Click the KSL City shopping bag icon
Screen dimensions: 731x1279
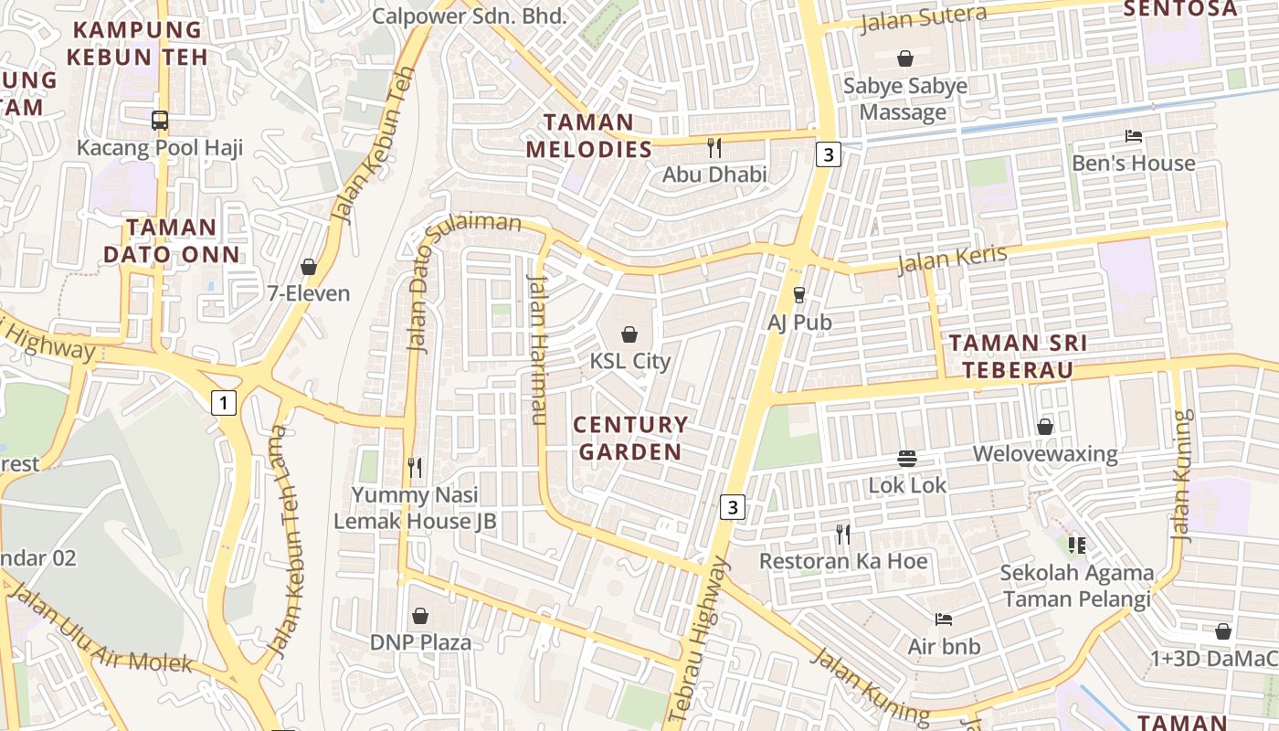(629, 334)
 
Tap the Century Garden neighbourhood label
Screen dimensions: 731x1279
(630, 439)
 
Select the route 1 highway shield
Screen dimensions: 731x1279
(223, 402)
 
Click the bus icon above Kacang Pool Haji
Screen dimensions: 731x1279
(160, 120)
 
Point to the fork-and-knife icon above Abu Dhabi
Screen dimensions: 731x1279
(714, 147)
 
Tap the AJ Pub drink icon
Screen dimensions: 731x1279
(799, 294)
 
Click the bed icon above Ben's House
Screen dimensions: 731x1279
(1133, 136)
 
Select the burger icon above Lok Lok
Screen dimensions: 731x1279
(907, 458)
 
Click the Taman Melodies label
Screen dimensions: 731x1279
(589, 135)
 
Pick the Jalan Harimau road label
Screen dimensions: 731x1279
(537, 349)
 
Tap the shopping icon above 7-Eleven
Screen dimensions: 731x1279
(309, 267)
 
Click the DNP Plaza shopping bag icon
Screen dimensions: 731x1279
(420, 616)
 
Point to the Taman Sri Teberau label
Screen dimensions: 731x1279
(1018, 356)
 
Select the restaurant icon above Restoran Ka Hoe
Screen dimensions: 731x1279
(843, 534)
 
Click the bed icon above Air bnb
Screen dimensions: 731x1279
(944, 620)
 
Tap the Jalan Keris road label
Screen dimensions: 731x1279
(952, 260)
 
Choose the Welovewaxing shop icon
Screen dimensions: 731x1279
(1045, 427)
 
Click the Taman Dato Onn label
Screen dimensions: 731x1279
(172, 240)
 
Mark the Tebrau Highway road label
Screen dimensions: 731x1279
(703, 640)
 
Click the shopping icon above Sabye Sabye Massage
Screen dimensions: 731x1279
(905, 59)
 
